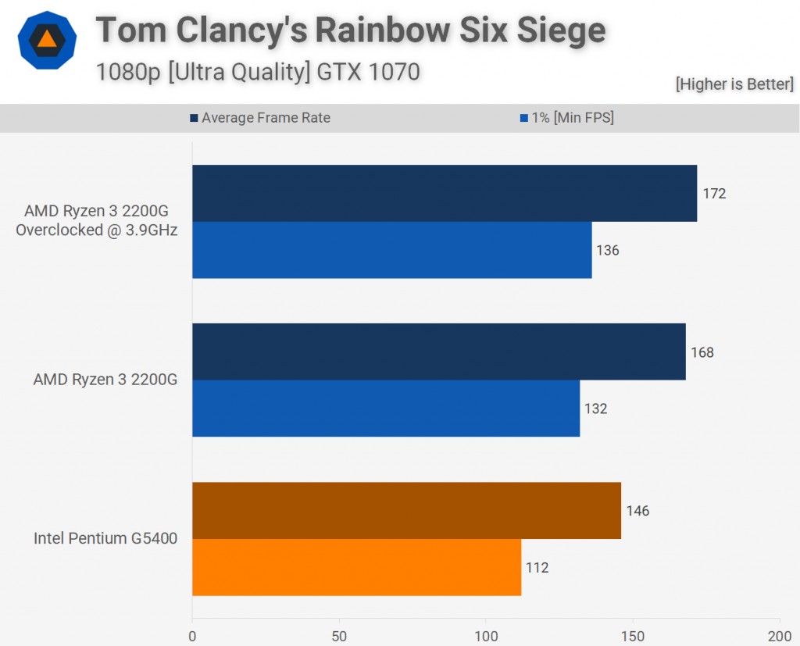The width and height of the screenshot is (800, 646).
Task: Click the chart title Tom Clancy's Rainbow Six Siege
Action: coord(350,31)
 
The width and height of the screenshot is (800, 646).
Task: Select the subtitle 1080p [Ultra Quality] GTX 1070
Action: coord(258,72)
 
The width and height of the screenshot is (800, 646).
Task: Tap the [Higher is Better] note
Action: coord(734,84)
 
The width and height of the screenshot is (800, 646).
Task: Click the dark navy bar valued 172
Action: coord(444,193)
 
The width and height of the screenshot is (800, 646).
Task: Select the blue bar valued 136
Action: coord(391,250)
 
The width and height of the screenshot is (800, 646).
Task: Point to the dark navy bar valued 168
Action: coord(438,352)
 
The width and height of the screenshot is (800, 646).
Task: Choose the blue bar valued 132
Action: coord(386,409)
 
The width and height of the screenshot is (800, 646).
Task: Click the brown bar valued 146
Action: coord(406,511)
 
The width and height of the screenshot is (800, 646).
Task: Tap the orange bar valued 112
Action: coord(356,567)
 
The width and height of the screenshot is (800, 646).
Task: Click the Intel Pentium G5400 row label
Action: coord(105,538)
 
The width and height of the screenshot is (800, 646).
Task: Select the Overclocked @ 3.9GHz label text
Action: coord(97,230)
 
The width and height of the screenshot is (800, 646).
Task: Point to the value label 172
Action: coord(714,193)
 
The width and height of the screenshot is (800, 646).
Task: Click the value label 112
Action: coord(537,568)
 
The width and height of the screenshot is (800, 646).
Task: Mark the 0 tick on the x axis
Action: coord(192,636)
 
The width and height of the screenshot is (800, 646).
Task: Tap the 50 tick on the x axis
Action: coord(339,636)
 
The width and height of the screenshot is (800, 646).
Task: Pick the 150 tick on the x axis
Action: coord(633,636)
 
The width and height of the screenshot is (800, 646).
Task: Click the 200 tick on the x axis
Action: coord(779,636)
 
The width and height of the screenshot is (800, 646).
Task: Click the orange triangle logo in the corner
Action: coord(47,39)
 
